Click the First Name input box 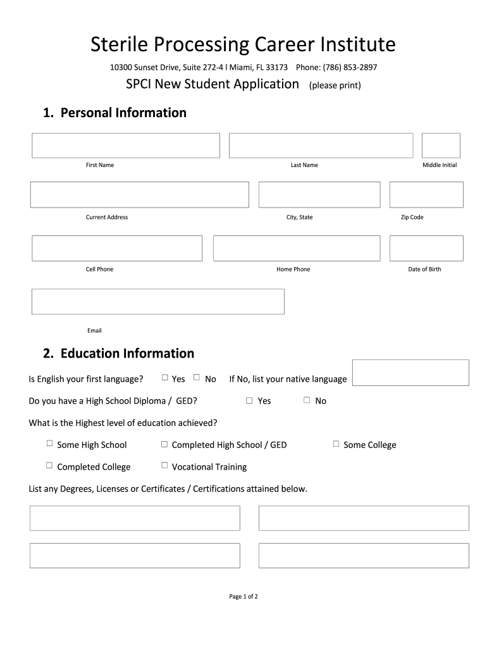(126, 146)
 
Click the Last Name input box (321, 146)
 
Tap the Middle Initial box (441, 146)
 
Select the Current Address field (140, 195)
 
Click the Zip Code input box (426, 195)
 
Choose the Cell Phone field (117, 248)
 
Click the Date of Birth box (426, 248)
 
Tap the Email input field (158, 302)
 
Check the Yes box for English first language (165, 378)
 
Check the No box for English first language (197, 378)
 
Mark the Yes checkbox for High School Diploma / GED (249, 400)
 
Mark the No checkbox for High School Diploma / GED (307, 400)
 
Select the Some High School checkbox (49, 444)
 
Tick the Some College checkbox (336, 444)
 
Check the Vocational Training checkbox (164, 466)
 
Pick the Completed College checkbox (49, 466)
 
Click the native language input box (410, 373)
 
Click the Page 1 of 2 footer (244, 596)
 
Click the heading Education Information (118, 353)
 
